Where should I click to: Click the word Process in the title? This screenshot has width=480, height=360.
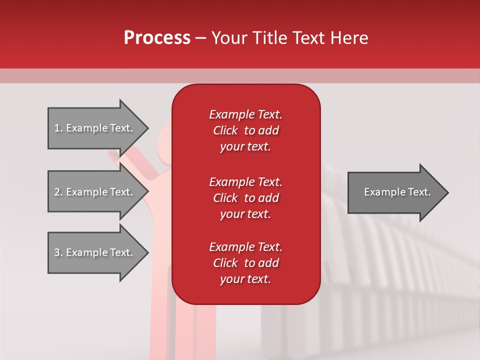pos(157,38)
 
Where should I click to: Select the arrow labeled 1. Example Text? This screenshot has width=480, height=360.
pos(95,128)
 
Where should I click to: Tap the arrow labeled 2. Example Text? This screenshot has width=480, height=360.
pos(95,192)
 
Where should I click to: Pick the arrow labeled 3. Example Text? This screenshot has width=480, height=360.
pos(95,252)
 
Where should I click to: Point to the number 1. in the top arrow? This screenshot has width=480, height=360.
pos(58,128)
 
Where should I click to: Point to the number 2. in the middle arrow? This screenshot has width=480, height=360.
pos(58,192)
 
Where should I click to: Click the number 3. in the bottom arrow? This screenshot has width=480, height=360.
pos(58,252)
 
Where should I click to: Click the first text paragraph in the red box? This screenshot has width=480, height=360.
pos(245,130)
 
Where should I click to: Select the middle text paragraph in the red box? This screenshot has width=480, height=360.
pos(245,198)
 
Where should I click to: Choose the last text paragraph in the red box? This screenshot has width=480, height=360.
pos(245,263)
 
